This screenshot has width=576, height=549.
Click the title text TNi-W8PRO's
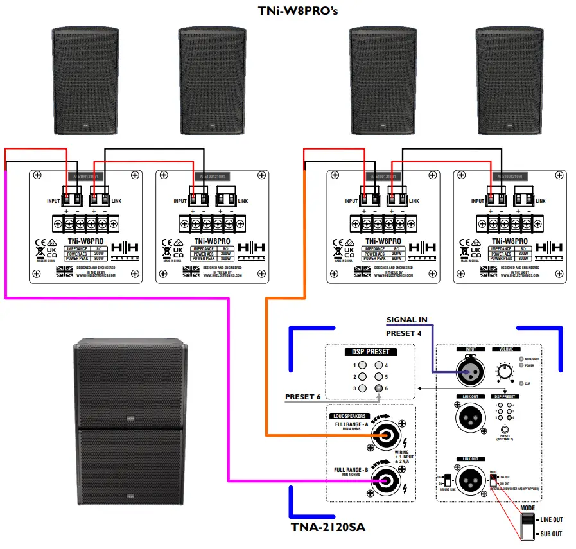coord(288,10)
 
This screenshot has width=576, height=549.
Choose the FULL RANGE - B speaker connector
coord(385,479)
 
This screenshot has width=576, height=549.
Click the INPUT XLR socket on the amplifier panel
coord(467,372)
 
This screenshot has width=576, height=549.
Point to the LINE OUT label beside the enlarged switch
coord(551,519)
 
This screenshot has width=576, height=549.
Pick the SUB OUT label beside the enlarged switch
coord(550,534)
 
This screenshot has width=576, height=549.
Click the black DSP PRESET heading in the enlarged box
coord(371,352)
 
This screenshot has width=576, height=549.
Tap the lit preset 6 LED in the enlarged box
coord(380,389)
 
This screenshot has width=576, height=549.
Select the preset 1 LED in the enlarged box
coord(363,365)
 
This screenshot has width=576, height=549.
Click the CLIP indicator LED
coord(521,383)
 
